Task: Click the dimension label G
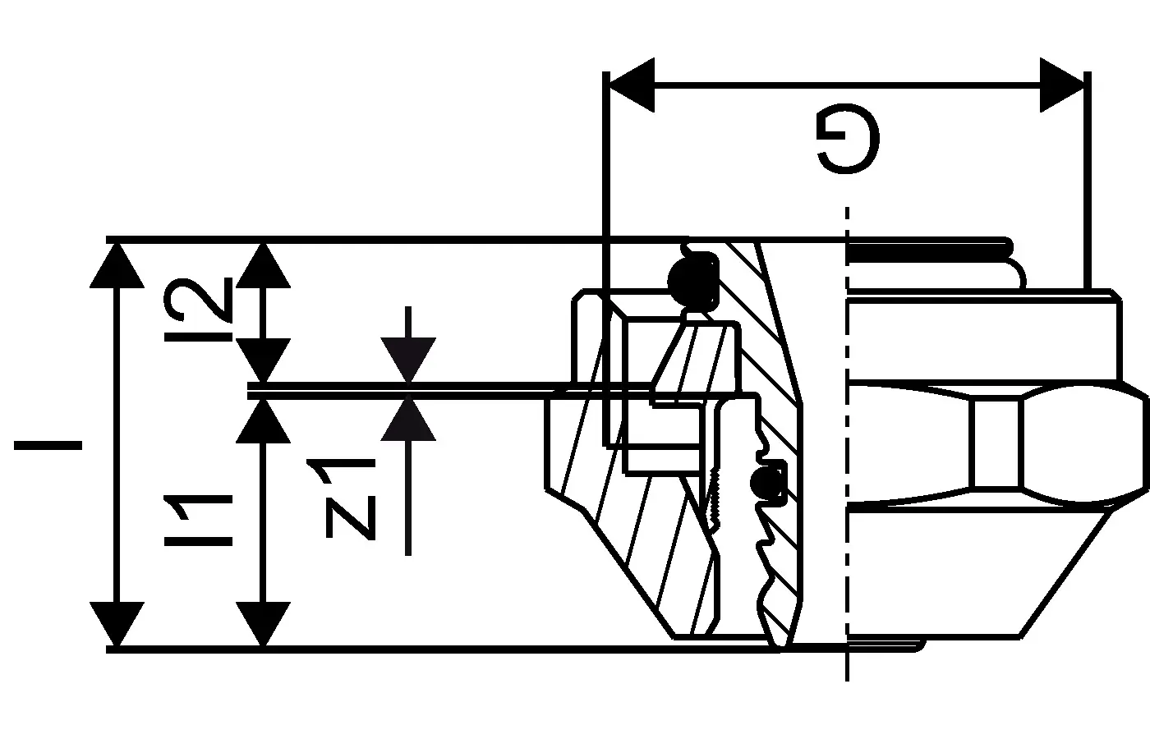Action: pyautogui.click(x=848, y=140)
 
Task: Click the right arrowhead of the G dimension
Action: pyautogui.click(x=1060, y=84)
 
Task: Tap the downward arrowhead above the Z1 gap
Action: pyautogui.click(x=408, y=361)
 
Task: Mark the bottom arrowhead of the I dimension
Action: pyautogui.click(x=116, y=623)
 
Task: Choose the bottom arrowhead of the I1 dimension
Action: pyautogui.click(x=263, y=623)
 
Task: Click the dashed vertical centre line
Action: pyautogui.click(x=846, y=443)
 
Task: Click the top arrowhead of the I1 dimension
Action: pyautogui.click(x=263, y=420)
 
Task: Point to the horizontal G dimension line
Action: pyautogui.click(x=846, y=84)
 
